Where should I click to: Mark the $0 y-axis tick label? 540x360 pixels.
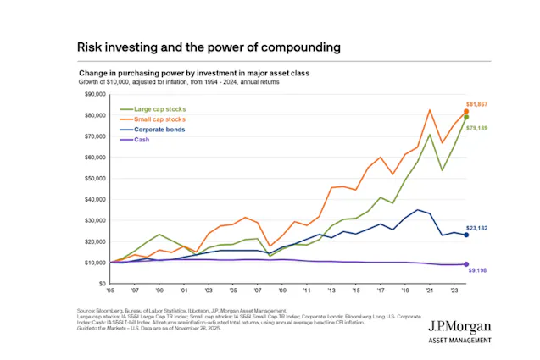99,284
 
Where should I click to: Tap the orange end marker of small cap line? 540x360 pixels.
465,112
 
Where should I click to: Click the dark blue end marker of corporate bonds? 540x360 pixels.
465,235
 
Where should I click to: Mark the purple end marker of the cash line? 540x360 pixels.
465,264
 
